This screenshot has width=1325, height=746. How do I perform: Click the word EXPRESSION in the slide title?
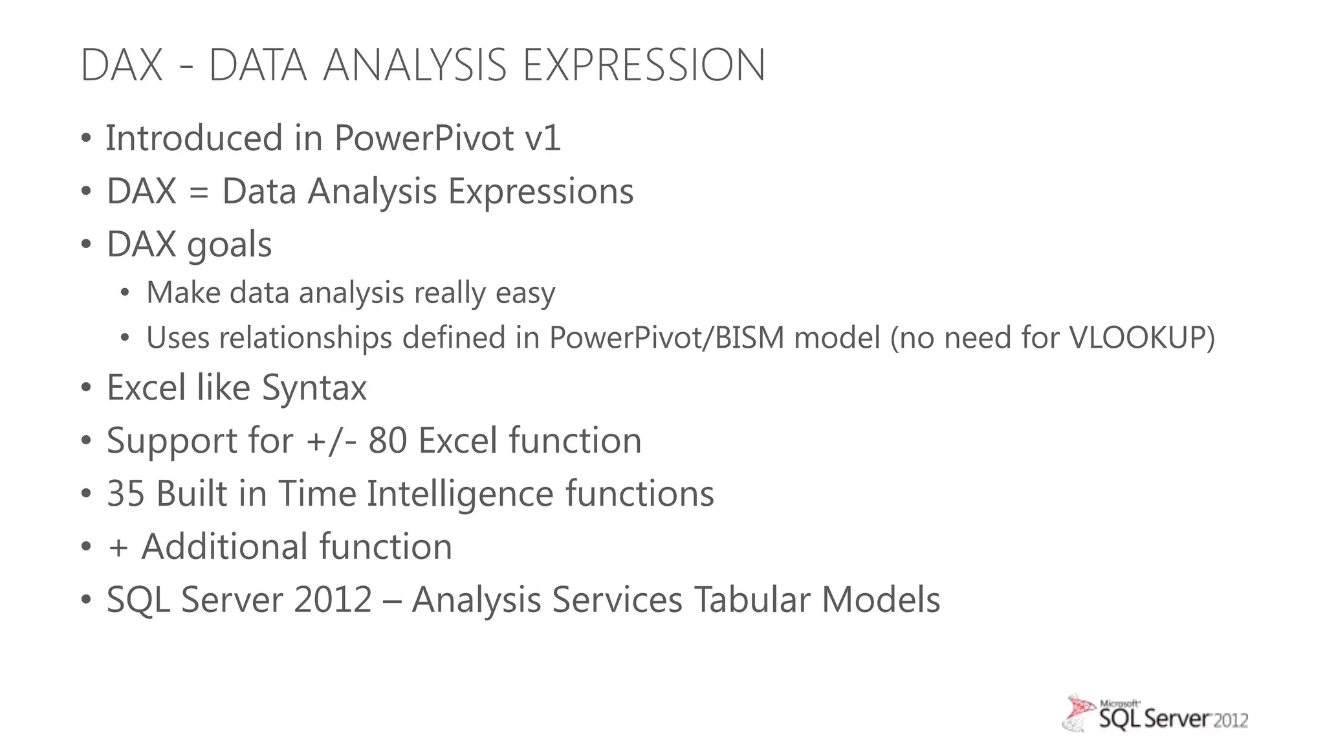644,65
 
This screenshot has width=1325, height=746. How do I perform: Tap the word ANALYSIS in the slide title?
415,65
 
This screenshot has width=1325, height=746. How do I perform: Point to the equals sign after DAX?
199,192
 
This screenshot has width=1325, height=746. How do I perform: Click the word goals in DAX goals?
229,245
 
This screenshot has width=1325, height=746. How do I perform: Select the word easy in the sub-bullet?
525,293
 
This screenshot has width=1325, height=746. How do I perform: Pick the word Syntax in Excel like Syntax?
314,388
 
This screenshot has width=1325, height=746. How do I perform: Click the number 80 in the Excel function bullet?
388,441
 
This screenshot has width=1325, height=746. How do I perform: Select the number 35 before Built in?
126,494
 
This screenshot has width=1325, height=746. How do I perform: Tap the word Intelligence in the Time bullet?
460,494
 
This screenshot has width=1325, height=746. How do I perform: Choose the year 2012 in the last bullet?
333,600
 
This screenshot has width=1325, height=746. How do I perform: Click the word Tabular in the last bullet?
752,600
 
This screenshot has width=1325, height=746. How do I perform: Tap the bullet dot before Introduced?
86,139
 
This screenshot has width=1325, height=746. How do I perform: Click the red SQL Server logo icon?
1079,713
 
